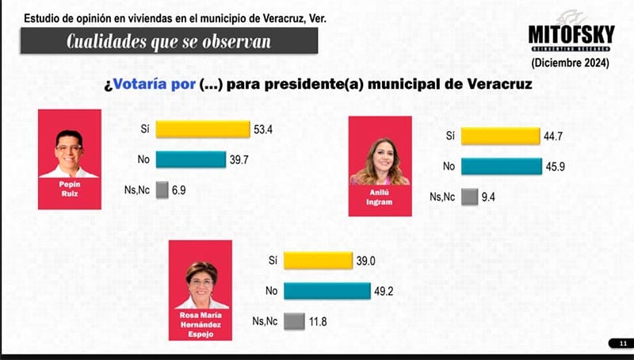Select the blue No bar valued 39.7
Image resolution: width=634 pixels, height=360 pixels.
click(x=191, y=159)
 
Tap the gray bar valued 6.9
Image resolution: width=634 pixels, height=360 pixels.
click(x=162, y=190)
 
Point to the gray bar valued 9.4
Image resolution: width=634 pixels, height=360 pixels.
click(x=469, y=197)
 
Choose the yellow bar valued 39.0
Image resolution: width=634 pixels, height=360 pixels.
click(x=317, y=260)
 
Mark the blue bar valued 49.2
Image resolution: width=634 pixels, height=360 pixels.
click(x=327, y=290)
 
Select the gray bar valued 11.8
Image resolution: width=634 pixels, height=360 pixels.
click(x=294, y=320)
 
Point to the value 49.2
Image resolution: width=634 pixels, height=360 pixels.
click(x=384, y=290)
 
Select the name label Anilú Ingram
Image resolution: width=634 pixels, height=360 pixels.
click(x=380, y=199)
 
